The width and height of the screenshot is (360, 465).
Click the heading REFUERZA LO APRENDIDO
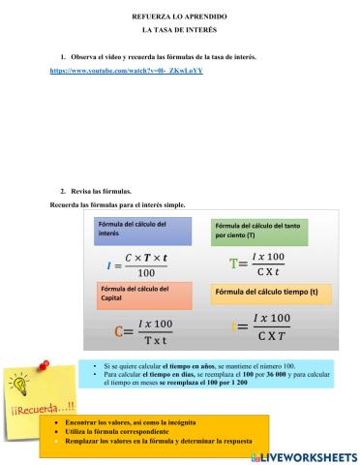179,17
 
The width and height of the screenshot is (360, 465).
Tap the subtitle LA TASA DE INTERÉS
179,31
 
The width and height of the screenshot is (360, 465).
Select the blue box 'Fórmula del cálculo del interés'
133,229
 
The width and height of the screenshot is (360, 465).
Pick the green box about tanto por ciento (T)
251,231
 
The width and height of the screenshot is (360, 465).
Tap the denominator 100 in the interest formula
146,274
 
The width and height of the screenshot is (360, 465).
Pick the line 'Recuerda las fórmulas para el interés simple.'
116,204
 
